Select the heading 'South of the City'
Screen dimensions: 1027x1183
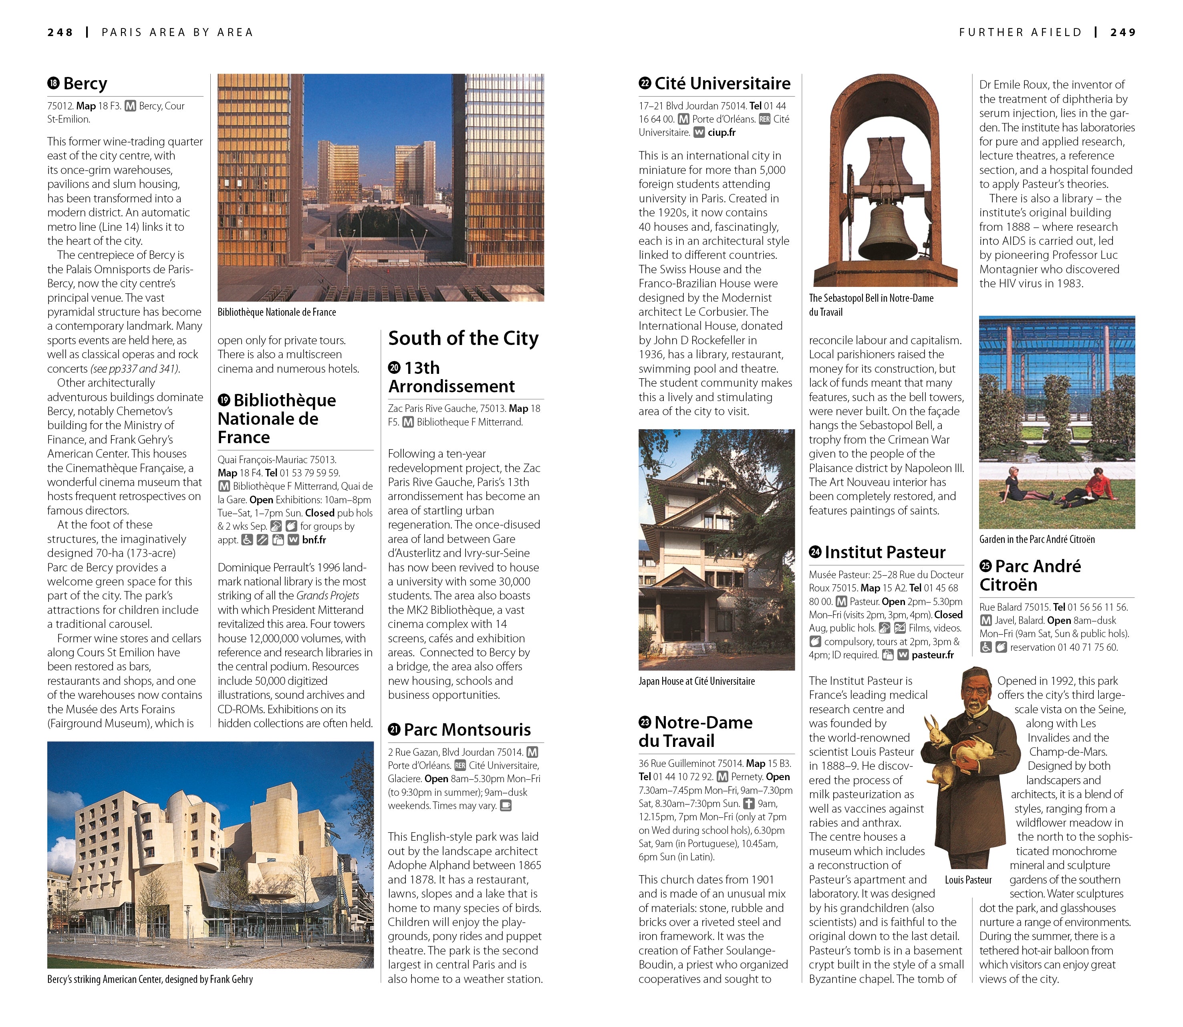click(x=463, y=338)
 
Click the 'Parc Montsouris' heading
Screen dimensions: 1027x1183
click(x=467, y=730)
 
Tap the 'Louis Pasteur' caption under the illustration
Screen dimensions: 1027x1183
click(x=968, y=880)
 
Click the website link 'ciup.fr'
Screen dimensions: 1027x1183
click(x=721, y=132)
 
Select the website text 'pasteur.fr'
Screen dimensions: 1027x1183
click(x=932, y=655)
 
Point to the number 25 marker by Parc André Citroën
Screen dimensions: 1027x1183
click(x=985, y=566)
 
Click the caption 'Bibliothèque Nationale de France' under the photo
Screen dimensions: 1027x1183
click(x=277, y=312)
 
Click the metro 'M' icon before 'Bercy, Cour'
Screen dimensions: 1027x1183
click(x=131, y=106)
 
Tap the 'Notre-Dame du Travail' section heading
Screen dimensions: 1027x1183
click(x=695, y=731)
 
